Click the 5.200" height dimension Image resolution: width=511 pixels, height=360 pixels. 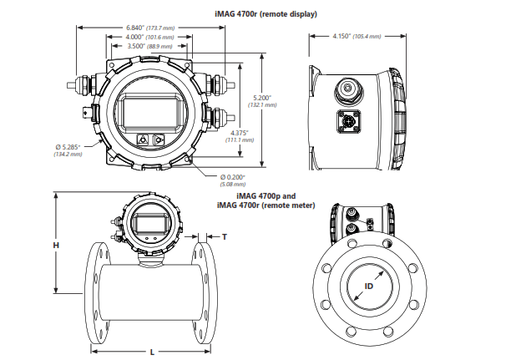point(264,99)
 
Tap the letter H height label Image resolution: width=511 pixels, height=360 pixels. point(56,245)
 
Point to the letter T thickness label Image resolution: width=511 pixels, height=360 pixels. point(224,237)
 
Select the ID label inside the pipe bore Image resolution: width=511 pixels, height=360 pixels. point(368,286)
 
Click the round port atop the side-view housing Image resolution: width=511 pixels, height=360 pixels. point(346,88)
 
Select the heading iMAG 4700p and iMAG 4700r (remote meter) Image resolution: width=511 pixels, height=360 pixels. point(266,200)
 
